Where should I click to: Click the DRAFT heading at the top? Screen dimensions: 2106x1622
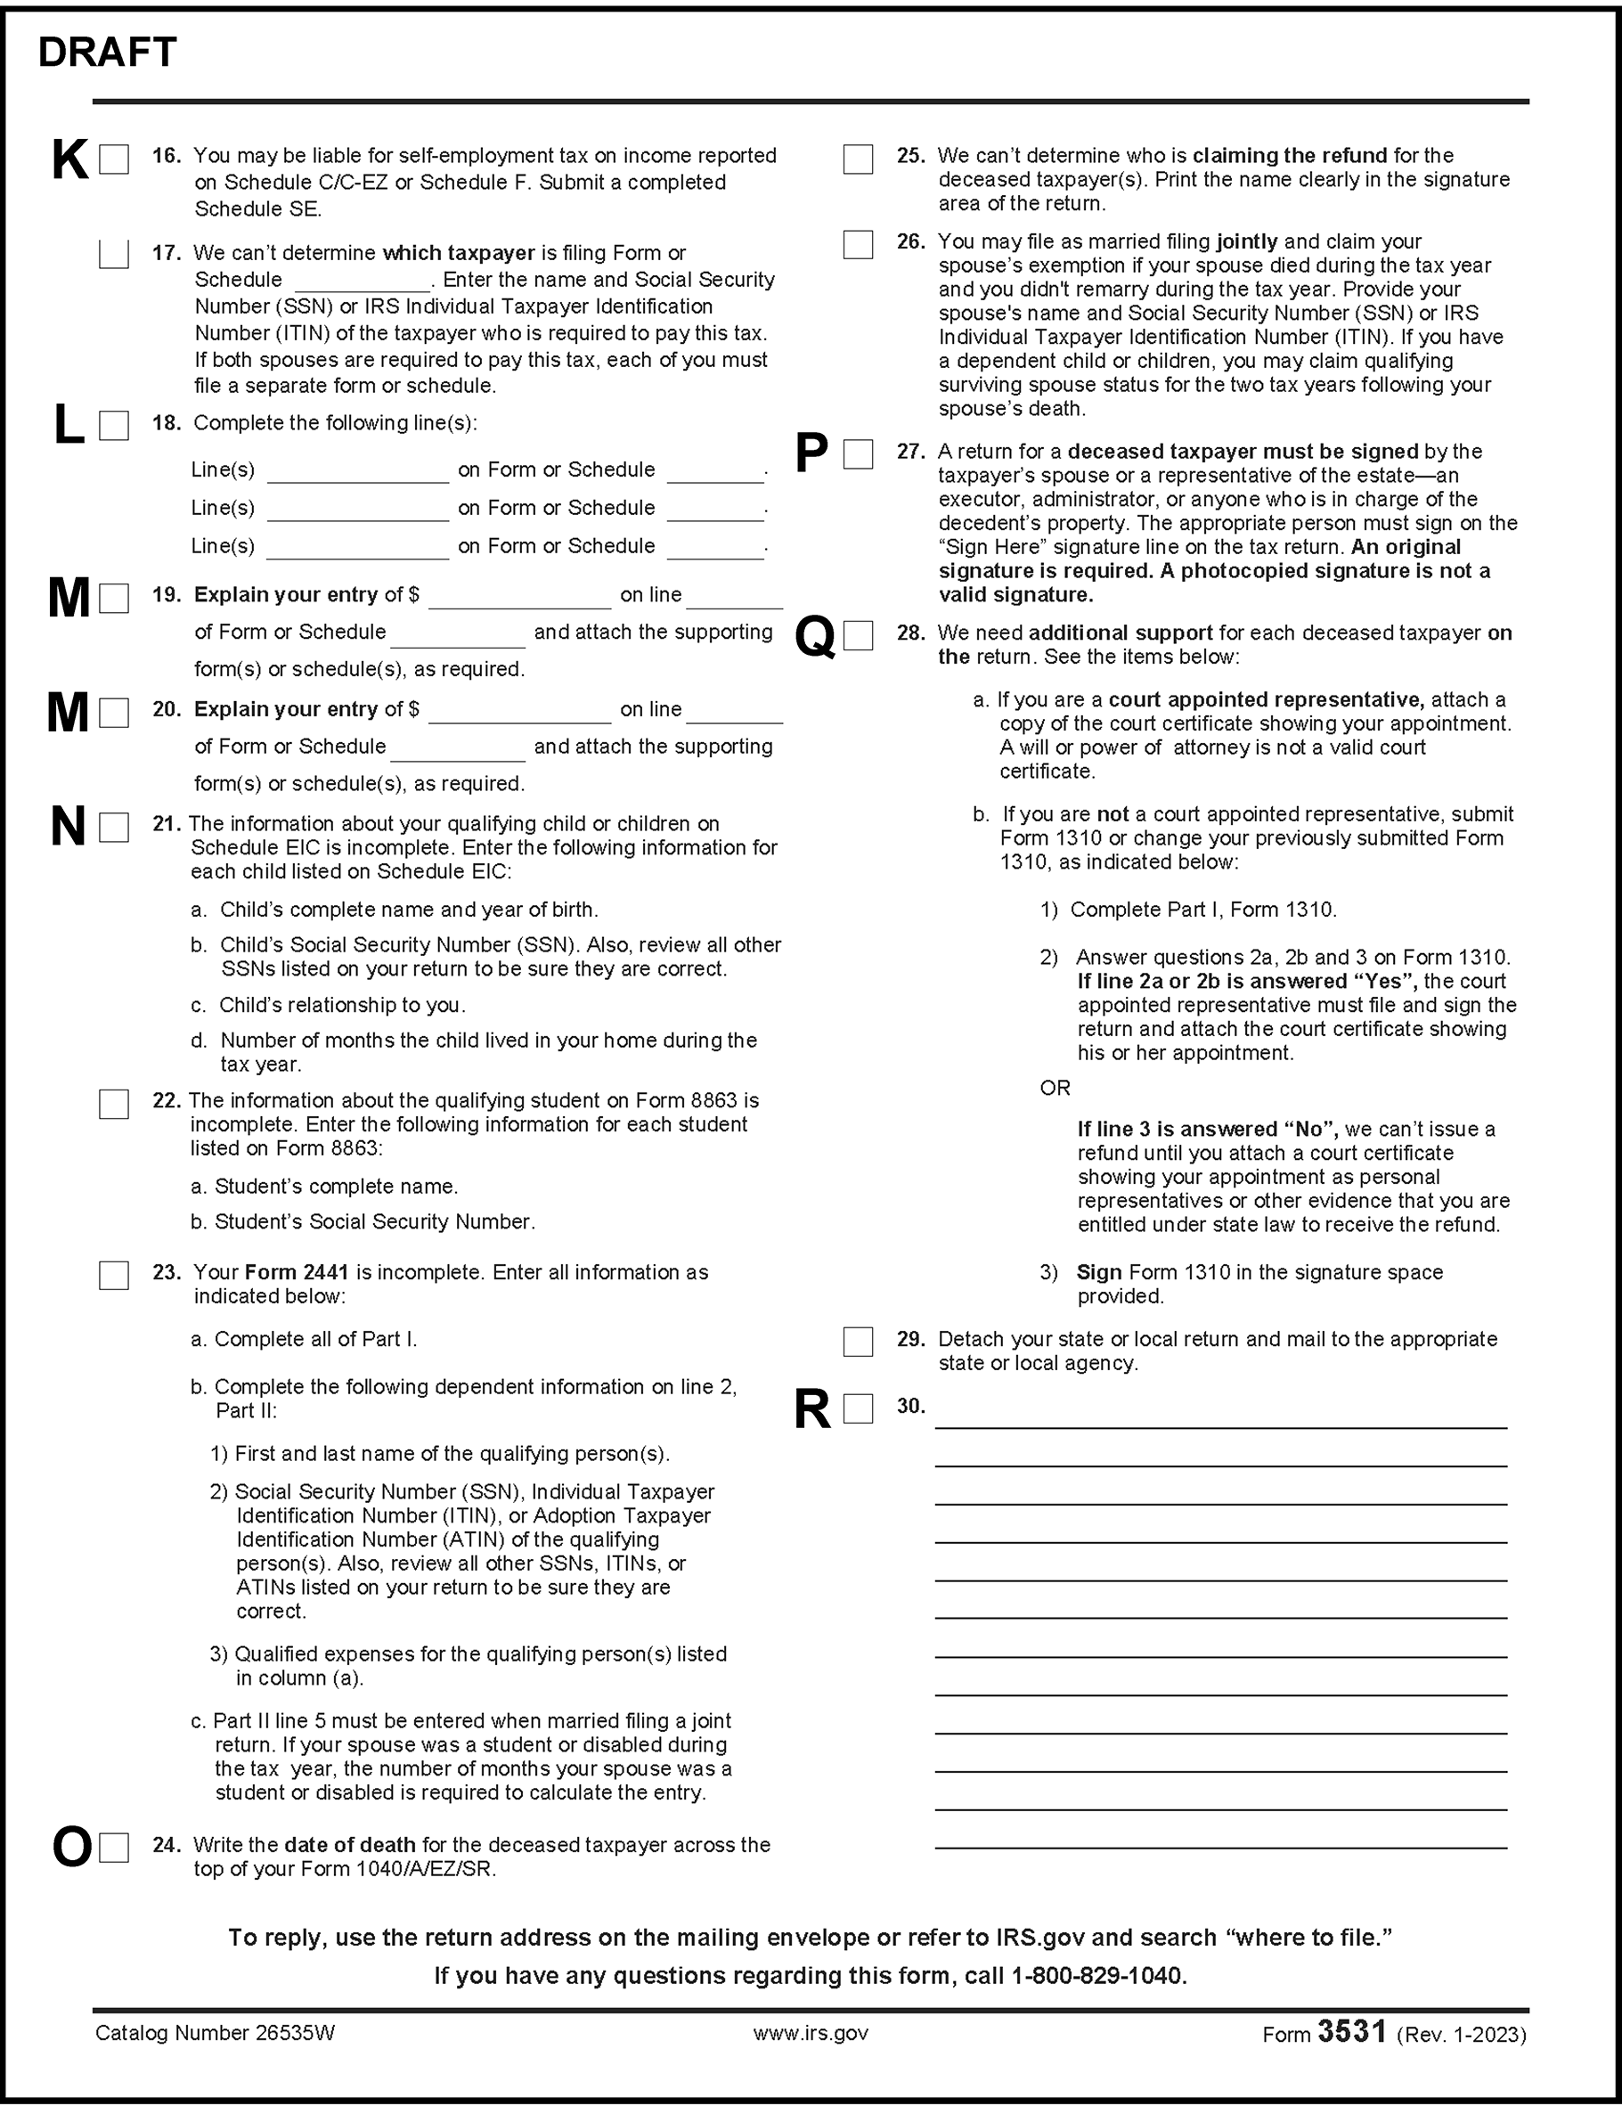point(107,53)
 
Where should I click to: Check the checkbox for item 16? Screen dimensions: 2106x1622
point(114,159)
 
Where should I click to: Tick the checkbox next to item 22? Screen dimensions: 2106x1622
point(114,1104)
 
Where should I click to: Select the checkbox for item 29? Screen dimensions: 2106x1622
point(857,1342)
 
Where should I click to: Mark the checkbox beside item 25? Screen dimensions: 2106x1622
point(857,159)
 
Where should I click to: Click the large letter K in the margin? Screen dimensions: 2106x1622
point(69,160)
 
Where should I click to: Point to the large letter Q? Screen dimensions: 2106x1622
point(815,637)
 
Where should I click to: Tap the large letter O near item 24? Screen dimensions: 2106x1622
point(71,1849)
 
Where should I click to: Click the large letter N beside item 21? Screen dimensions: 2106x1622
point(68,828)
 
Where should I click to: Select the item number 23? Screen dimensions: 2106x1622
point(166,1273)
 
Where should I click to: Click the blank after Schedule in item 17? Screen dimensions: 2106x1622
point(363,282)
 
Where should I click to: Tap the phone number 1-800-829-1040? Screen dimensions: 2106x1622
point(1097,1976)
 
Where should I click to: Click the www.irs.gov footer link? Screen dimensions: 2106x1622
point(810,2034)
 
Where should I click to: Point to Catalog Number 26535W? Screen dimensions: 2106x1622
point(215,2034)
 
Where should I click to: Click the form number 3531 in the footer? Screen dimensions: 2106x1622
point(1352,2032)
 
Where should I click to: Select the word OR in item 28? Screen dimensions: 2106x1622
point(1055,1089)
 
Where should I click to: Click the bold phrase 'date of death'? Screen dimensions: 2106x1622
point(350,1846)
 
